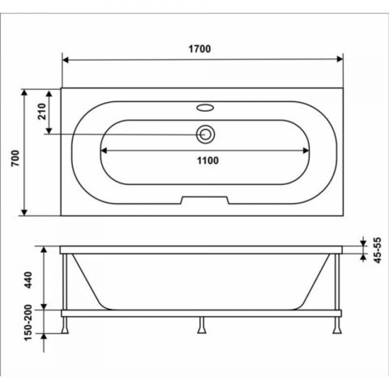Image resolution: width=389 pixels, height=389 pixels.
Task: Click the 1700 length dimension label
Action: (x=199, y=49)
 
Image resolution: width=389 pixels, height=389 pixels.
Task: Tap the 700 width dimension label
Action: (x=16, y=158)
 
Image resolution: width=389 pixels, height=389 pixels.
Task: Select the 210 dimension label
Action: (x=42, y=111)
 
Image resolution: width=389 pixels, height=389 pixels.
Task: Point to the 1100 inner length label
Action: (x=208, y=160)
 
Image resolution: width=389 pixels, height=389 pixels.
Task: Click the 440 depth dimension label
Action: (x=28, y=280)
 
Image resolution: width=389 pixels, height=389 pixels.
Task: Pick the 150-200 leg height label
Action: (x=28, y=322)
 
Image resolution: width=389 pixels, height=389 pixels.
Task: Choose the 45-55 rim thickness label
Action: (x=377, y=250)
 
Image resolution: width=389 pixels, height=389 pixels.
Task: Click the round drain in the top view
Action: (x=205, y=134)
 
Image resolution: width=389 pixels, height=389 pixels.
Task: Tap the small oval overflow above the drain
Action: (x=205, y=107)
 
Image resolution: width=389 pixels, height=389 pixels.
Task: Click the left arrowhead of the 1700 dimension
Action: (x=65, y=60)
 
